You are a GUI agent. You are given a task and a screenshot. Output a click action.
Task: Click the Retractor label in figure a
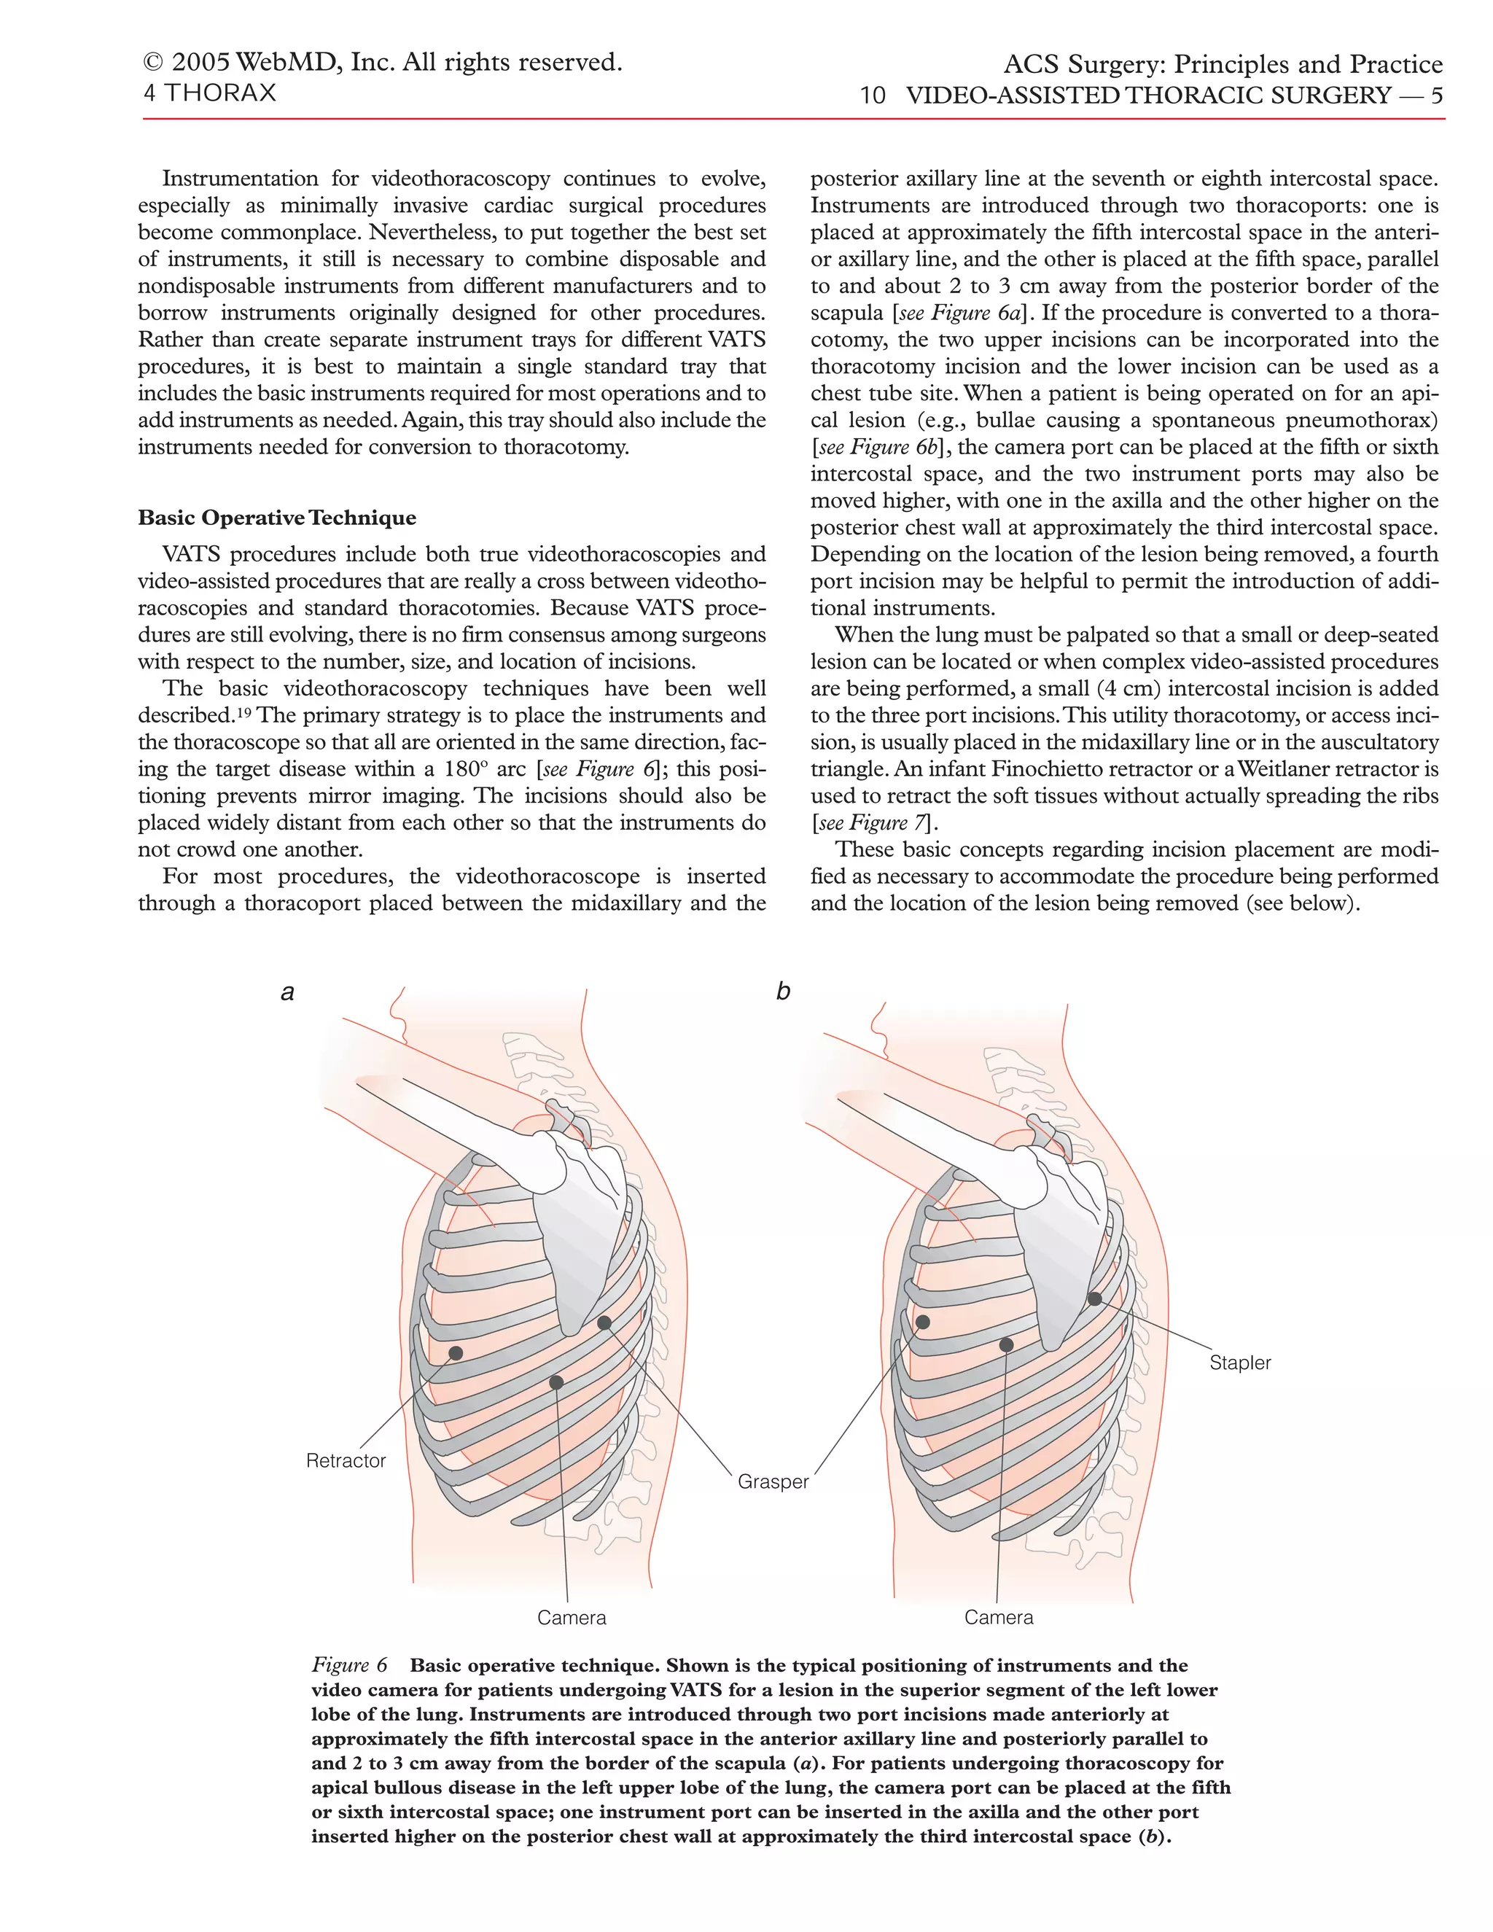click(345, 1460)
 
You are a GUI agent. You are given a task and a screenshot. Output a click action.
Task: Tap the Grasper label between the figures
click(773, 1481)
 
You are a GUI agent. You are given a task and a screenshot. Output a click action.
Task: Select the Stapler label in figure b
click(1239, 1363)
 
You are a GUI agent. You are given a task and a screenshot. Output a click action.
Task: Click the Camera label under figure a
click(572, 1618)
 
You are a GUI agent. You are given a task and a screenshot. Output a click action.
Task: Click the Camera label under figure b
click(999, 1617)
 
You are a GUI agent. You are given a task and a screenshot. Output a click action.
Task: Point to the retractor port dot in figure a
click(456, 1353)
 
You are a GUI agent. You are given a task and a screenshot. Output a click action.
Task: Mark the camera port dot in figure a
click(556, 1382)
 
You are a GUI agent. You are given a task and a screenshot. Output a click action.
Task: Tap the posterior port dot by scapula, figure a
click(604, 1323)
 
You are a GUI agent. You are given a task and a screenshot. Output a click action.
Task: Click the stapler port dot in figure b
click(1094, 1299)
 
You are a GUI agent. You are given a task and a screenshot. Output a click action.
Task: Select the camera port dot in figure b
click(1007, 1344)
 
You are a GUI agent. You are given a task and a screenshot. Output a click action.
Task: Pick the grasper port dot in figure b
click(922, 1323)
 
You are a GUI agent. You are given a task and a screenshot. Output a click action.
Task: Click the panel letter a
click(287, 992)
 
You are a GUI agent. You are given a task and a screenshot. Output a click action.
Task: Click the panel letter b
click(783, 991)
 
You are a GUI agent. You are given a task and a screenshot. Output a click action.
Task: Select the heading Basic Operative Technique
click(277, 518)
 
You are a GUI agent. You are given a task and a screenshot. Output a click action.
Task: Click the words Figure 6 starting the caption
click(349, 1666)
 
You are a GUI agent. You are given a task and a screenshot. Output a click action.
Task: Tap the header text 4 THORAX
click(210, 93)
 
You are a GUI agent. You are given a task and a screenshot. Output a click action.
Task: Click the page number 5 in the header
click(1436, 96)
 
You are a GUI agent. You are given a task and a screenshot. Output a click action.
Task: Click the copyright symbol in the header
click(153, 63)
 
